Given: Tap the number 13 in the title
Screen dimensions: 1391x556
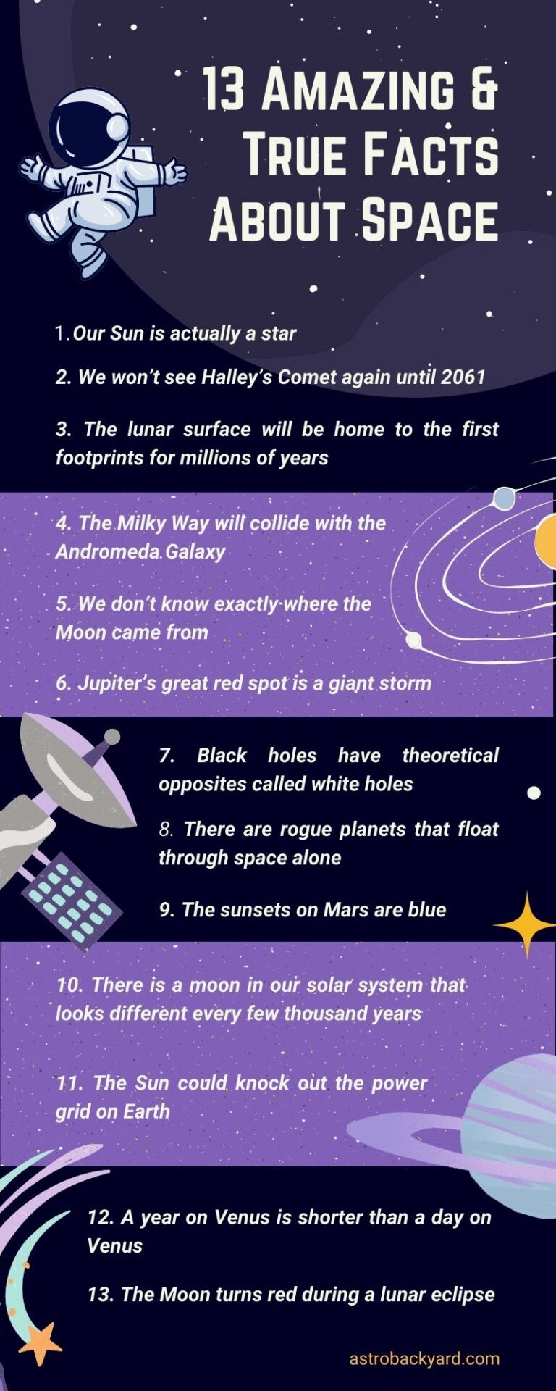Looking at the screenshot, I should pos(224,91).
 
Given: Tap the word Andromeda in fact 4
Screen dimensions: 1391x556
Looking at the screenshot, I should pos(108,551).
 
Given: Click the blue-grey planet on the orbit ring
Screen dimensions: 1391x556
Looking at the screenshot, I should pos(504,498).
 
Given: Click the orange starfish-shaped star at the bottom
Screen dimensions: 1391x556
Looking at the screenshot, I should pos(41,1344).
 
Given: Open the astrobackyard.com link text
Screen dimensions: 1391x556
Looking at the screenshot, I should pos(424,1358).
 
